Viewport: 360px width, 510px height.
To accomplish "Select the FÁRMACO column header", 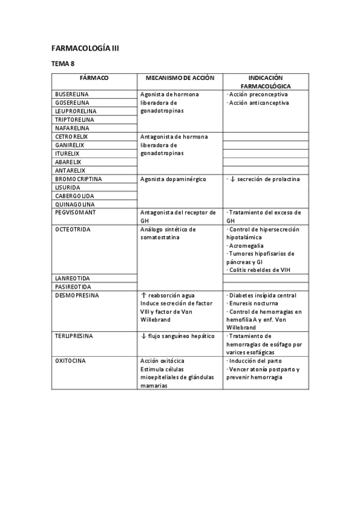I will click(x=94, y=78).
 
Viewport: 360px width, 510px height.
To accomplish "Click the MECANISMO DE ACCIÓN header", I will click(x=179, y=78).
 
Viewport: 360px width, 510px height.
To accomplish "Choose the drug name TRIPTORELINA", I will click(x=75, y=120).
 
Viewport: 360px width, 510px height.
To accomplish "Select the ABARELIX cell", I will click(x=68, y=162).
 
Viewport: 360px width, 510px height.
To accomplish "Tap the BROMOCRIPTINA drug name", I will click(x=78, y=179).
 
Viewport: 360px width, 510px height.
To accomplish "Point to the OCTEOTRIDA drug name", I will click(x=73, y=229).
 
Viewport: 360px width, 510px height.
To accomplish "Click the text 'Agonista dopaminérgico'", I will click(x=173, y=179).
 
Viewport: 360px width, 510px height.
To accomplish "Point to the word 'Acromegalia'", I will click(x=246, y=246).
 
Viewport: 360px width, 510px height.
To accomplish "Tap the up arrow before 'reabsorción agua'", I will click(x=143, y=295).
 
